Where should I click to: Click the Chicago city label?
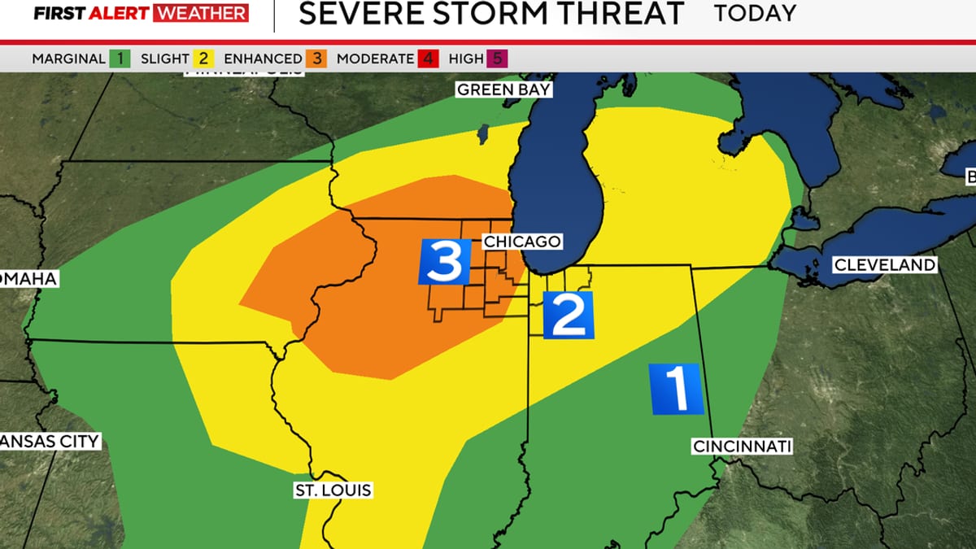tap(522, 242)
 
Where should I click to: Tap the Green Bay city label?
tap(503, 89)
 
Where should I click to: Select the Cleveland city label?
tap(885, 265)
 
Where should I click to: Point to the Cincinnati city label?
tap(742, 447)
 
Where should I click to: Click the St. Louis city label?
tap(333, 490)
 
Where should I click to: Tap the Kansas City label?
tap(49, 442)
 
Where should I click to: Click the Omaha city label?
tap(28, 279)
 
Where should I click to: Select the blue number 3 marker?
tap(445, 262)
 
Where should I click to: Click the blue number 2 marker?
tap(568, 315)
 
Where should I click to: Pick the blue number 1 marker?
tap(676, 389)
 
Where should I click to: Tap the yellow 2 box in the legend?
tap(203, 59)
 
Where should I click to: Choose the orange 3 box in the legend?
tap(317, 59)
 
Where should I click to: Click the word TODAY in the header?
tap(755, 14)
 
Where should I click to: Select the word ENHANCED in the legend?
tap(263, 59)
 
